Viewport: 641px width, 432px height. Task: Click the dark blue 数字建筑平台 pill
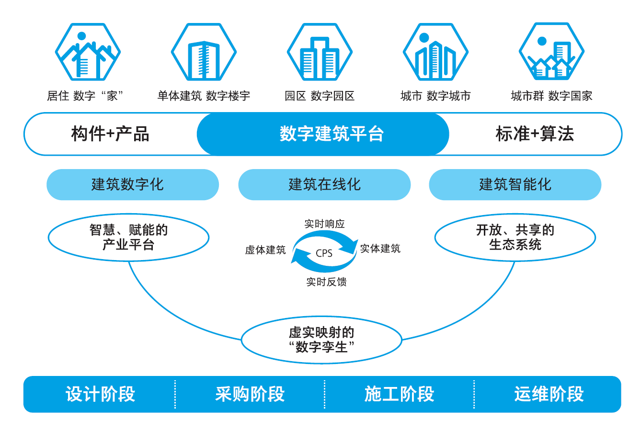[x=323, y=134]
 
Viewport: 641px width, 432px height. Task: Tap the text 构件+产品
[x=110, y=134]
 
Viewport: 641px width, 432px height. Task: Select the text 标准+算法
[x=535, y=134]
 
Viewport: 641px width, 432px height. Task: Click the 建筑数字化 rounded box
[x=133, y=184]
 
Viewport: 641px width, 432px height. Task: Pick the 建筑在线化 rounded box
[x=324, y=184]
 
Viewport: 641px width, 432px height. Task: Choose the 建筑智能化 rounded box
[x=515, y=184]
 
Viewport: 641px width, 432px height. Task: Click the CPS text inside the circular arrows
[x=324, y=253]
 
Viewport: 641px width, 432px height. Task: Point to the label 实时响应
[x=324, y=224]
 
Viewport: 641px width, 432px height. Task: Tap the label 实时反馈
[x=326, y=282]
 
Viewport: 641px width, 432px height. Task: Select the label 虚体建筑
[x=265, y=250]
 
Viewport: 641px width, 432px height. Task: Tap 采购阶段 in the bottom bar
[x=250, y=394]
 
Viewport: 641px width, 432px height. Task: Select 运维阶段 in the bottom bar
[x=549, y=394]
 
